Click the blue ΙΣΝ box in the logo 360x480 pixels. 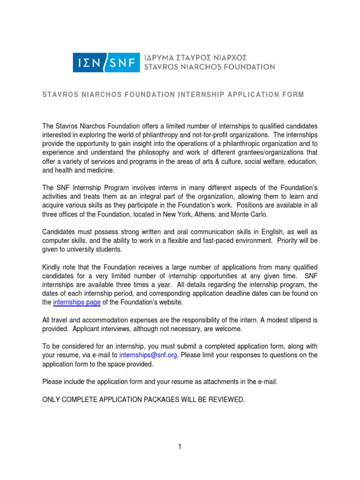pyautogui.click(x=89, y=62)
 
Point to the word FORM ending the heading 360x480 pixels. pyautogui.click(x=294, y=95)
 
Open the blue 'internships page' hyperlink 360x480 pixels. pyautogui.click(x=77, y=302)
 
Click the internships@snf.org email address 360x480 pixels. pyautogui.click(x=148, y=355)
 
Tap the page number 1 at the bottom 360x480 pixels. pyautogui.click(x=180, y=447)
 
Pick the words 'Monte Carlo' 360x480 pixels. pyautogui.click(x=251, y=214)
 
